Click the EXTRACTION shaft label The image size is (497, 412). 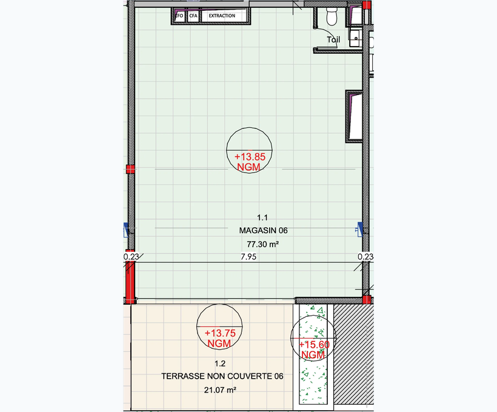coord(222,16)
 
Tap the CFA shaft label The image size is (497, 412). coord(193,16)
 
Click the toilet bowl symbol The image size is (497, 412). coord(332,16)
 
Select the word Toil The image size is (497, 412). coord(333,39)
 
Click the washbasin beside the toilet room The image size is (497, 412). coord(355,38)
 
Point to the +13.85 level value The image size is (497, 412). coord(250,156)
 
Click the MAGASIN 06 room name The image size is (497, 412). coord(264,230)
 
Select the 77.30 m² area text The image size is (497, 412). coord(263,244)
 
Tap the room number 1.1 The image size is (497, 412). coord(262,218)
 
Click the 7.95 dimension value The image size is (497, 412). coord(248,257)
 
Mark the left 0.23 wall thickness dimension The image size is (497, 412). coord(132,256)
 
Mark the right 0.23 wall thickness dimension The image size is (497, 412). coord(365,256)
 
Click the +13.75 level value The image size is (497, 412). coord(220,333)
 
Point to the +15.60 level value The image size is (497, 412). coord(314,345)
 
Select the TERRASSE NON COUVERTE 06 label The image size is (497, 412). coord(222,376)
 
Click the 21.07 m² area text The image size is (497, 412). coord(220,390)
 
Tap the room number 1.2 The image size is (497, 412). coord(220,364)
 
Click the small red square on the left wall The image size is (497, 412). coord(130,169)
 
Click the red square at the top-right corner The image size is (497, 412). coord(367,5)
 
